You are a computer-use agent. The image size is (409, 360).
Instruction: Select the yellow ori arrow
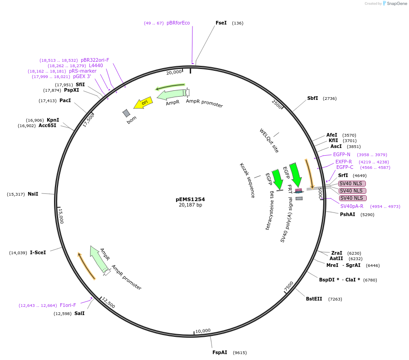[x=143, y=103]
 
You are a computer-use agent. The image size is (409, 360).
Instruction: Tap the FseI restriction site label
[x=221, y=23]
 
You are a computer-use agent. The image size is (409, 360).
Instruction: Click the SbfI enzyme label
[x=312, y=98]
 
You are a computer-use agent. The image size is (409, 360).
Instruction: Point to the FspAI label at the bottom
[x=220, y=352]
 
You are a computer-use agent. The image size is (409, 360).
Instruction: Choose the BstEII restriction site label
[x=314, y=299]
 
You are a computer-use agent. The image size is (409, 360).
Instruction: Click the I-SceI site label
[x=38, y=252]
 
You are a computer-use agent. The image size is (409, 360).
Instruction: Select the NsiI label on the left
[x=33, y=194]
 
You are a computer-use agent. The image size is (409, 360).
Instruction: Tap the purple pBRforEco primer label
[x=178, y=23]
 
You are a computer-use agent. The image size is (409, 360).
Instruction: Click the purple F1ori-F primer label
[x=68, y=305]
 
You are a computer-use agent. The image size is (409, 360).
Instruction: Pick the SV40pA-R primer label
[x=352, y=206]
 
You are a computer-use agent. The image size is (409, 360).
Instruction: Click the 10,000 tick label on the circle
[x=203, y=330]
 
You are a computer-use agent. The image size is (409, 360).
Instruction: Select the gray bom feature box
[x=126, y=113]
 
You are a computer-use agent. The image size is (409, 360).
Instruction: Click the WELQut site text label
[x=269, y=140]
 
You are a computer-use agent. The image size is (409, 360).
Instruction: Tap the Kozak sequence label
[x=247, y=180]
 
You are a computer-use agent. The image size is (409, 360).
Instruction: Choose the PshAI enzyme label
[x=347, y=214]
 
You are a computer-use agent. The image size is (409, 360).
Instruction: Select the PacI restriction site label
[x=65, y=100]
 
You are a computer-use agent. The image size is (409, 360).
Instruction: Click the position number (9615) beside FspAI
[x=240, y=353]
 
